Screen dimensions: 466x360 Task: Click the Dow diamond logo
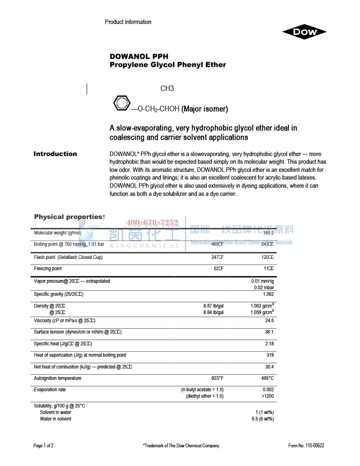(304, 32)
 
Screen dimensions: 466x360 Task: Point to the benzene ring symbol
(121, 103)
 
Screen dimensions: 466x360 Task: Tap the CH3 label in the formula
(167, 89)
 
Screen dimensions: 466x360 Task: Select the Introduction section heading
(55, 154)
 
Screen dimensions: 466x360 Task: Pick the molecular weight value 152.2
(268, 233)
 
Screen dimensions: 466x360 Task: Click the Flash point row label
(68, 257)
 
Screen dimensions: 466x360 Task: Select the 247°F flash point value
(217, 257)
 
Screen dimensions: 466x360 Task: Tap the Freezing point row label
(48, 269)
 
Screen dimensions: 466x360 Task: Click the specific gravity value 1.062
(268, 294)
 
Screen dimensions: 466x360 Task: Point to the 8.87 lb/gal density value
(213, 306)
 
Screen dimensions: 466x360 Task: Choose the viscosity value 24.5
(269, 321)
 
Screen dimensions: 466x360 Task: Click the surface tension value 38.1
(269, 332)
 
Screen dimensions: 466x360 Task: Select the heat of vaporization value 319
(270, 355)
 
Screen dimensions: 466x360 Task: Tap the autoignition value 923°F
(217, 378)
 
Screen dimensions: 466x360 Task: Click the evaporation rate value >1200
(267, 396)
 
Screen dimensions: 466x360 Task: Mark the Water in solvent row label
(56, 419)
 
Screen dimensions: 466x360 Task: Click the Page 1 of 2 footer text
(43, 446)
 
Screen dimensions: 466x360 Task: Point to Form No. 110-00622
(306, 446)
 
